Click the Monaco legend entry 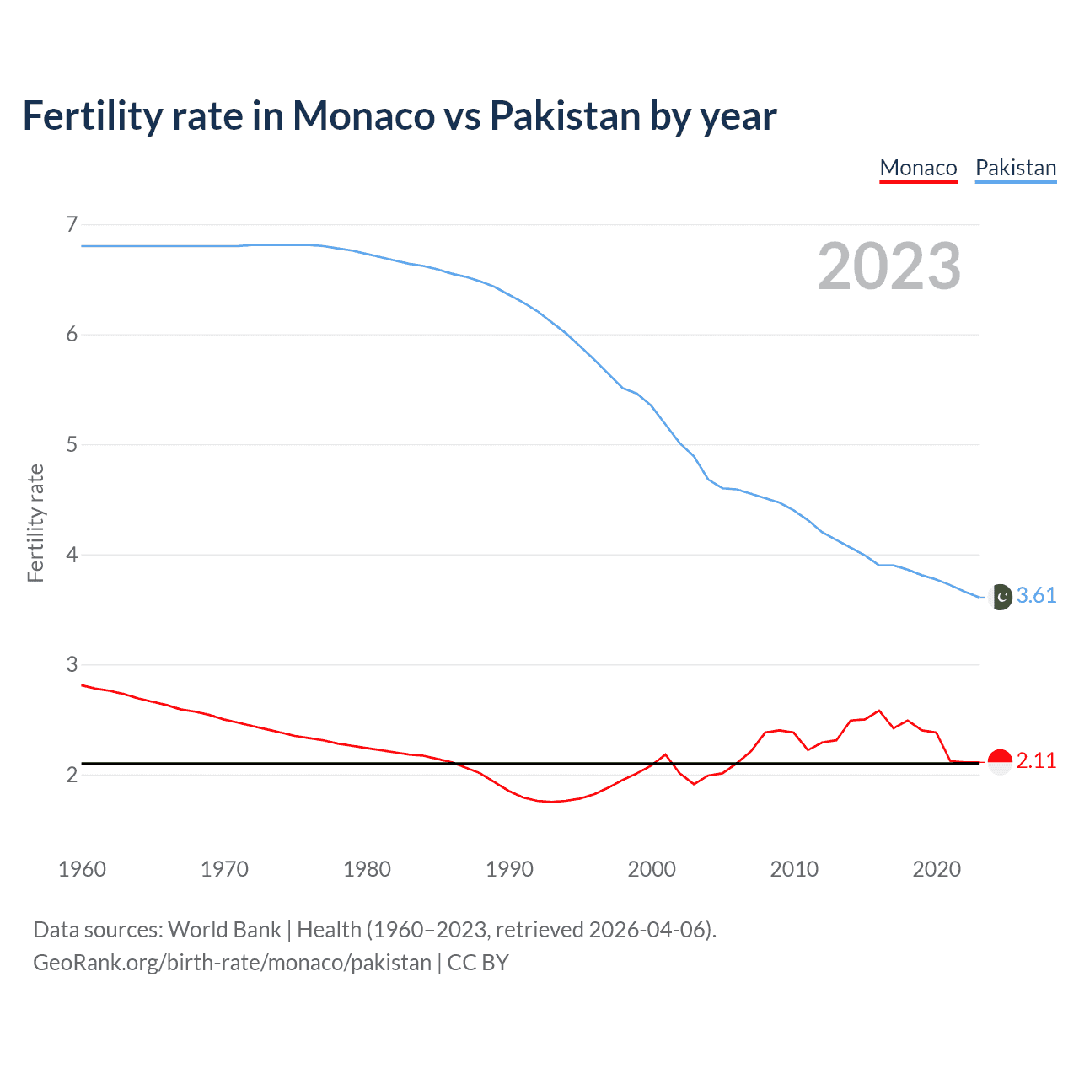tap(918, 168)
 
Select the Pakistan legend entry tap(1015, 168)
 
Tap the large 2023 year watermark tap(888, 266)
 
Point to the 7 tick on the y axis tap(72, 224)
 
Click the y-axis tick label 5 tap(72, 444)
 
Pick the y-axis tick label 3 tap(72, 664)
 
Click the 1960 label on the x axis tap(82, 869)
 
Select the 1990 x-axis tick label tap(509, 869)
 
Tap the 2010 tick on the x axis tap(794, 869)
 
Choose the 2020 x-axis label tap(937, 869)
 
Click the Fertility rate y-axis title tap(35, 523)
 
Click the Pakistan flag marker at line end tap(1000, 597)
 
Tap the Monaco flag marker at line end tap(1000, 761)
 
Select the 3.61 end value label tap(1036, 596)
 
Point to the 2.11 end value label tap(1036, 761)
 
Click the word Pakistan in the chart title tap(565, 116)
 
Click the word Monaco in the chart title tap(363, 116)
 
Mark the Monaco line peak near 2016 tap(879, 711)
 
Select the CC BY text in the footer tap(478, 963)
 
